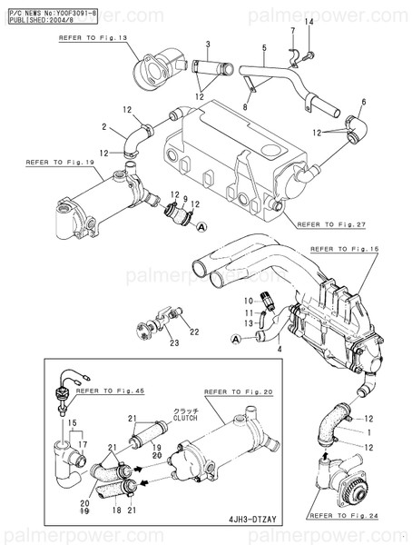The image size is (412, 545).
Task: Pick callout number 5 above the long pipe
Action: (263, 47)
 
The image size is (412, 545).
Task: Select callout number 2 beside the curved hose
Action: (104, 127)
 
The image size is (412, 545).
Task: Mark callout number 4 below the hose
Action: (280, 348)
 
